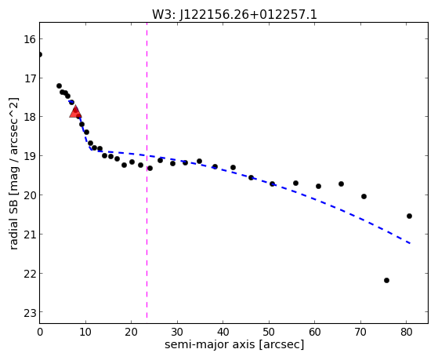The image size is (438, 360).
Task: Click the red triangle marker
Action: [75, 111]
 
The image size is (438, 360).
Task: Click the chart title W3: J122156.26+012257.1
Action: [234, 15]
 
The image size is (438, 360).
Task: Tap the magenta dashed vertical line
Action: [147, 170]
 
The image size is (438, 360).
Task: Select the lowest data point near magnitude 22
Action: [386, 280]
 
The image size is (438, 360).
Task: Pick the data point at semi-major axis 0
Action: [40, 54]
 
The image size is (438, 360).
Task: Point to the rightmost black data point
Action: [410, 216]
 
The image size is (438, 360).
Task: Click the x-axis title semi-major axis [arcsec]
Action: [234, 344]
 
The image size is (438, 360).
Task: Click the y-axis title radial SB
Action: [13, 173]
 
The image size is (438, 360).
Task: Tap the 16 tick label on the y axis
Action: [30, 39]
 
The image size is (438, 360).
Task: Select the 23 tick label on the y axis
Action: [30, 313]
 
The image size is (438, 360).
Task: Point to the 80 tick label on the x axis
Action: [407, 332]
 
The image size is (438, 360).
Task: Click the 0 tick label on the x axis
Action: [40, 332]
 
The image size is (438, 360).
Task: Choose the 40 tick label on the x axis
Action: [223, 332]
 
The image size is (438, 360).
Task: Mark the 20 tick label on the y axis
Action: [30, 195]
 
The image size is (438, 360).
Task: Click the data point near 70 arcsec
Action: [364, 196]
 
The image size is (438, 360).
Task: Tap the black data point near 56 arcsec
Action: [296, 184]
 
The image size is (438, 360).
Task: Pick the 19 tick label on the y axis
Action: [30, 156]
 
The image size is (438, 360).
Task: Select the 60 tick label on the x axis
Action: [315, 332]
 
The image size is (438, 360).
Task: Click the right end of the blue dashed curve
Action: [410, 243]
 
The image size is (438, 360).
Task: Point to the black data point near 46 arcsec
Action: [251, 177]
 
